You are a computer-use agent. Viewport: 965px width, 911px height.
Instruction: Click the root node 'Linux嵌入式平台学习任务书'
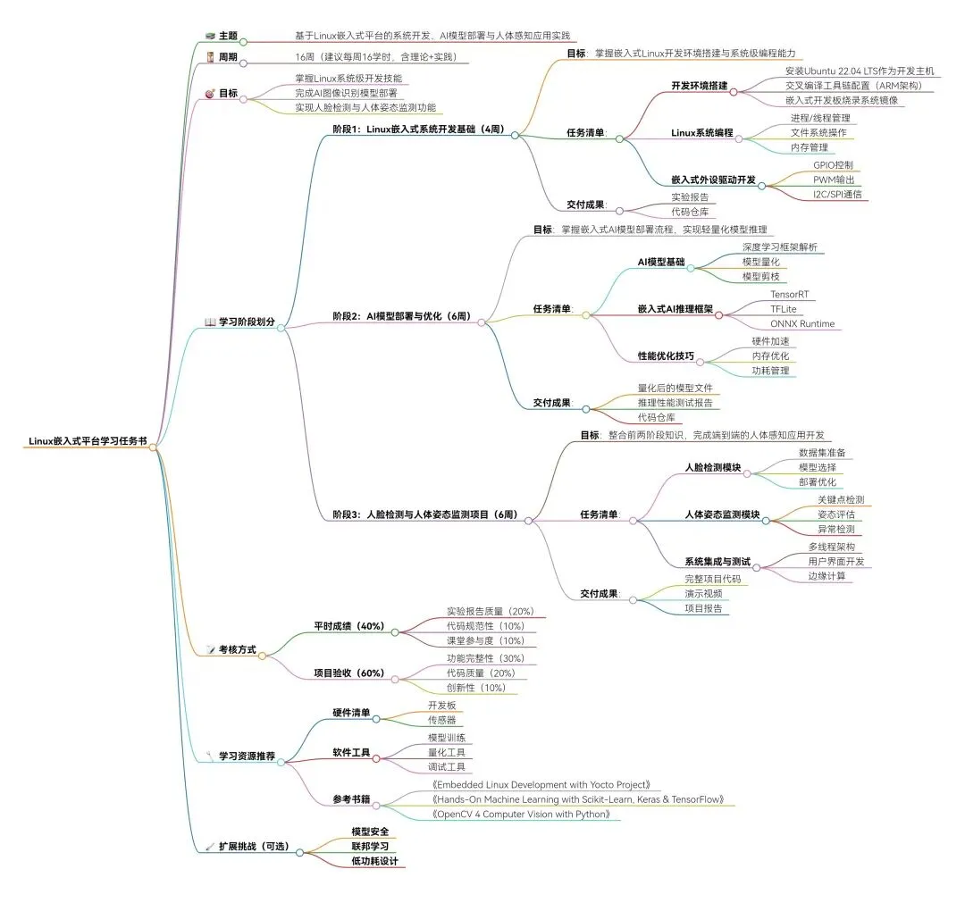point(88,440)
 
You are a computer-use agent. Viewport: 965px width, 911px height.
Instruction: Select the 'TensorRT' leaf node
point(789,294)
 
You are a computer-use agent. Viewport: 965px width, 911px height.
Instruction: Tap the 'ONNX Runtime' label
point(801,323)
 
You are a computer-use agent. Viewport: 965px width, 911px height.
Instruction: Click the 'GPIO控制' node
point(832,165)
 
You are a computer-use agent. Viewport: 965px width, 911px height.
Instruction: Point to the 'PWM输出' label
point(832,180)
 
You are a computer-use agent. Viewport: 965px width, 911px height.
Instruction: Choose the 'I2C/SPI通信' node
point(837,194)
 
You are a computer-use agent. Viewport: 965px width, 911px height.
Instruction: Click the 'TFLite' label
point(783,308)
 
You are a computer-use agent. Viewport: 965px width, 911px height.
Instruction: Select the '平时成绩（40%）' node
point(348,626)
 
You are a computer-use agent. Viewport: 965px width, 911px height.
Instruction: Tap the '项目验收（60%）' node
point(348,673)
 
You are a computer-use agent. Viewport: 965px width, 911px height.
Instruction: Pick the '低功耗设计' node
point(374,862)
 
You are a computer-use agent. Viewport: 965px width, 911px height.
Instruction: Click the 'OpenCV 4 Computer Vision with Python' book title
point(523,815)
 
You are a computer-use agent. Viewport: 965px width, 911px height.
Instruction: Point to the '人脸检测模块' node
point(712,467)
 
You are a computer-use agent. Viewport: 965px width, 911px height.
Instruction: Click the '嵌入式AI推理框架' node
point(675,308)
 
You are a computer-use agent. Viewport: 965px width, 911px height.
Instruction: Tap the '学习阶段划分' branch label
point(247,322)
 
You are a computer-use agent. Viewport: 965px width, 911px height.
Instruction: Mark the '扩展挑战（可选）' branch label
point(254,846)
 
